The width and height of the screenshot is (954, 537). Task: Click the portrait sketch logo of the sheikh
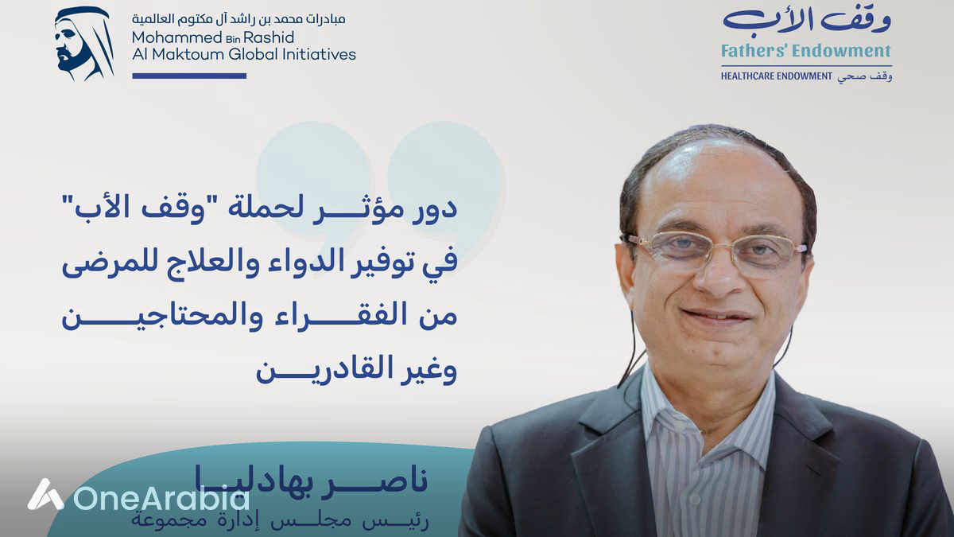83,44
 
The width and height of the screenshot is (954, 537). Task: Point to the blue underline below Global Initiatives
189,76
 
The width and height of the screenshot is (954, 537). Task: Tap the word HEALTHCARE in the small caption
753,76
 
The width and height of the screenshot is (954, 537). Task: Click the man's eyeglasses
715,250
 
